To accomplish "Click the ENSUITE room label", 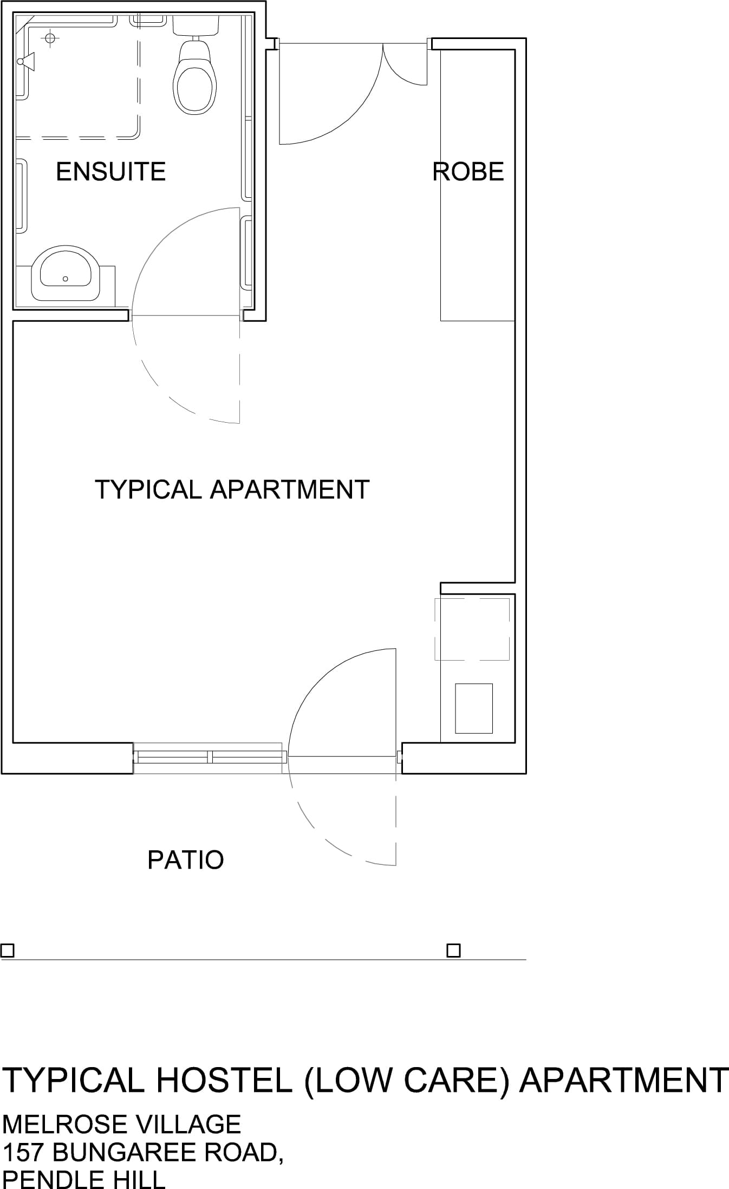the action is click(x=110, y=172).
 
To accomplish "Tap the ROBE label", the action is click(x=468, y=172).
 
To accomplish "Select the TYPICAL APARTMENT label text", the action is click(x=232, y=489).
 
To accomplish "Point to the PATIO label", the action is click(x=186, y=860).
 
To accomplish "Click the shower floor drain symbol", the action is click(x=50, y=38).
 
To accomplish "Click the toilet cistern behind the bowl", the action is click(x=196, y=25).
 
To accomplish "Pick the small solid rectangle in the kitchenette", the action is click(x=474, y=708).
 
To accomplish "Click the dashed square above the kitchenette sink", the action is click(x=472, y=629).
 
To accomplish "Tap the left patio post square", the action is click(x=8, y=951).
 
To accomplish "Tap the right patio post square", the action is click(x=453, y=951).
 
